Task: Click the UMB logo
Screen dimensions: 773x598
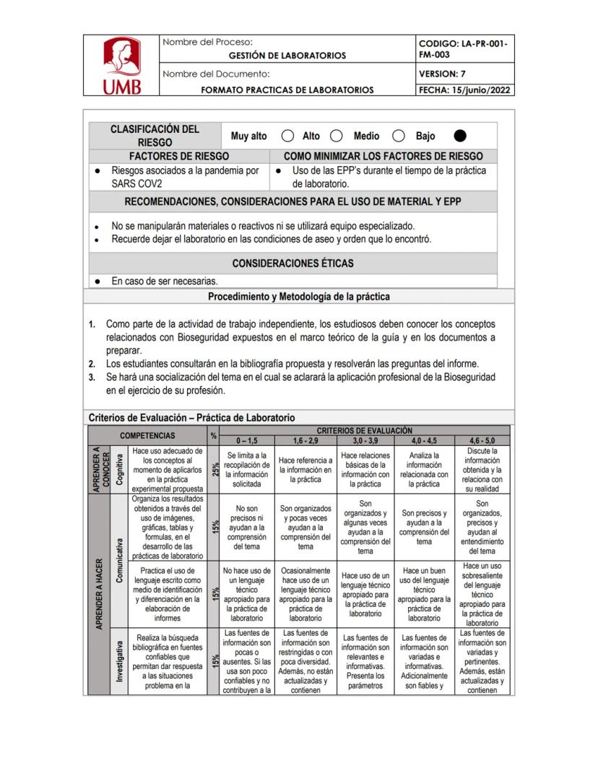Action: [121, 66]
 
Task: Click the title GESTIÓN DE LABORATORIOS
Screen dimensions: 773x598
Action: [287, 56]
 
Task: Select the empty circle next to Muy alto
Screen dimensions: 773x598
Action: [287, 136]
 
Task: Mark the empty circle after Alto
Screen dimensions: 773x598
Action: [336, 136]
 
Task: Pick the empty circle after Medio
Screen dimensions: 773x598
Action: [398, 136]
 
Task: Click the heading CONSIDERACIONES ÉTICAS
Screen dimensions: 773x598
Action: [292, 263]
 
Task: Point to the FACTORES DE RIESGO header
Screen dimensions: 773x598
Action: [179, 156]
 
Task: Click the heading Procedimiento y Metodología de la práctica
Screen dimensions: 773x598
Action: [299, 296]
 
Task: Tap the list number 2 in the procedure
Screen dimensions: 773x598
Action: [92, 363]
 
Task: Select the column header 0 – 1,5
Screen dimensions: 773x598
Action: [247, 440]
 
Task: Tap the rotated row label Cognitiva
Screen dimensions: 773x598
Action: [119, 469]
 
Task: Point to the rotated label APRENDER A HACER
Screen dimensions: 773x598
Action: [98, 593]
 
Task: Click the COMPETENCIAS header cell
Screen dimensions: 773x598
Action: [147, 435]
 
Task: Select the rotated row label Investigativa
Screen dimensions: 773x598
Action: [119, 661]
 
